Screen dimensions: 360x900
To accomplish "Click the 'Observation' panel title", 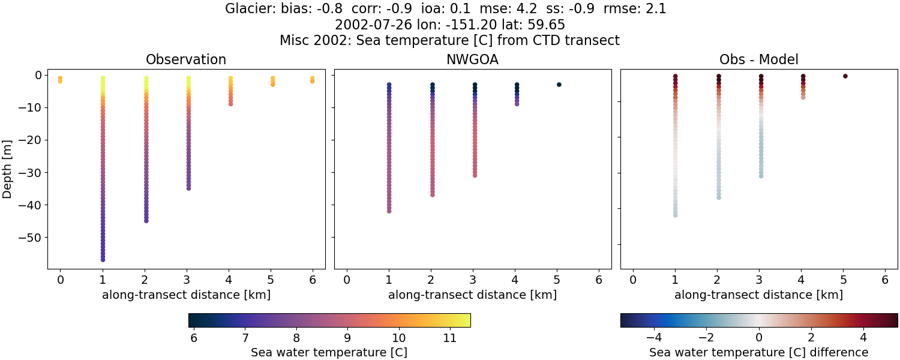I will point(186,59).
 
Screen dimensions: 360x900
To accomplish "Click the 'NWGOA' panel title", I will point(472,59).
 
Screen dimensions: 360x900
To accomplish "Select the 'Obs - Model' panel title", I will point(758,59).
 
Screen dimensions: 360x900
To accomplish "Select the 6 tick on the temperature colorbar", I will point(193,338).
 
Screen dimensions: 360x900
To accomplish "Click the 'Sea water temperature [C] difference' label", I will point(758,352).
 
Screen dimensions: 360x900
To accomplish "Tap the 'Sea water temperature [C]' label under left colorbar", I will point(329,352).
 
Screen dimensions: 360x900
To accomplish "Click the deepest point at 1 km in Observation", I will point(103,260).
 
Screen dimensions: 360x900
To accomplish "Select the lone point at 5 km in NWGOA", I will point(559,85).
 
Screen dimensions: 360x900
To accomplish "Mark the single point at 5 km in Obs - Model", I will point(845,76).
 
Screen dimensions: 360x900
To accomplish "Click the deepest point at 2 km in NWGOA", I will point(432,194).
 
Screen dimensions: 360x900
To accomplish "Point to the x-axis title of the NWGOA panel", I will point(472,295).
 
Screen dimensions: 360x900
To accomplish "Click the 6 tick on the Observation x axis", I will point(312,280).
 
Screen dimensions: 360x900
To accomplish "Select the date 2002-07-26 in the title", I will point(365,25).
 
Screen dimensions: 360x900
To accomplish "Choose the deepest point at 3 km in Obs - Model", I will point(761,176).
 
